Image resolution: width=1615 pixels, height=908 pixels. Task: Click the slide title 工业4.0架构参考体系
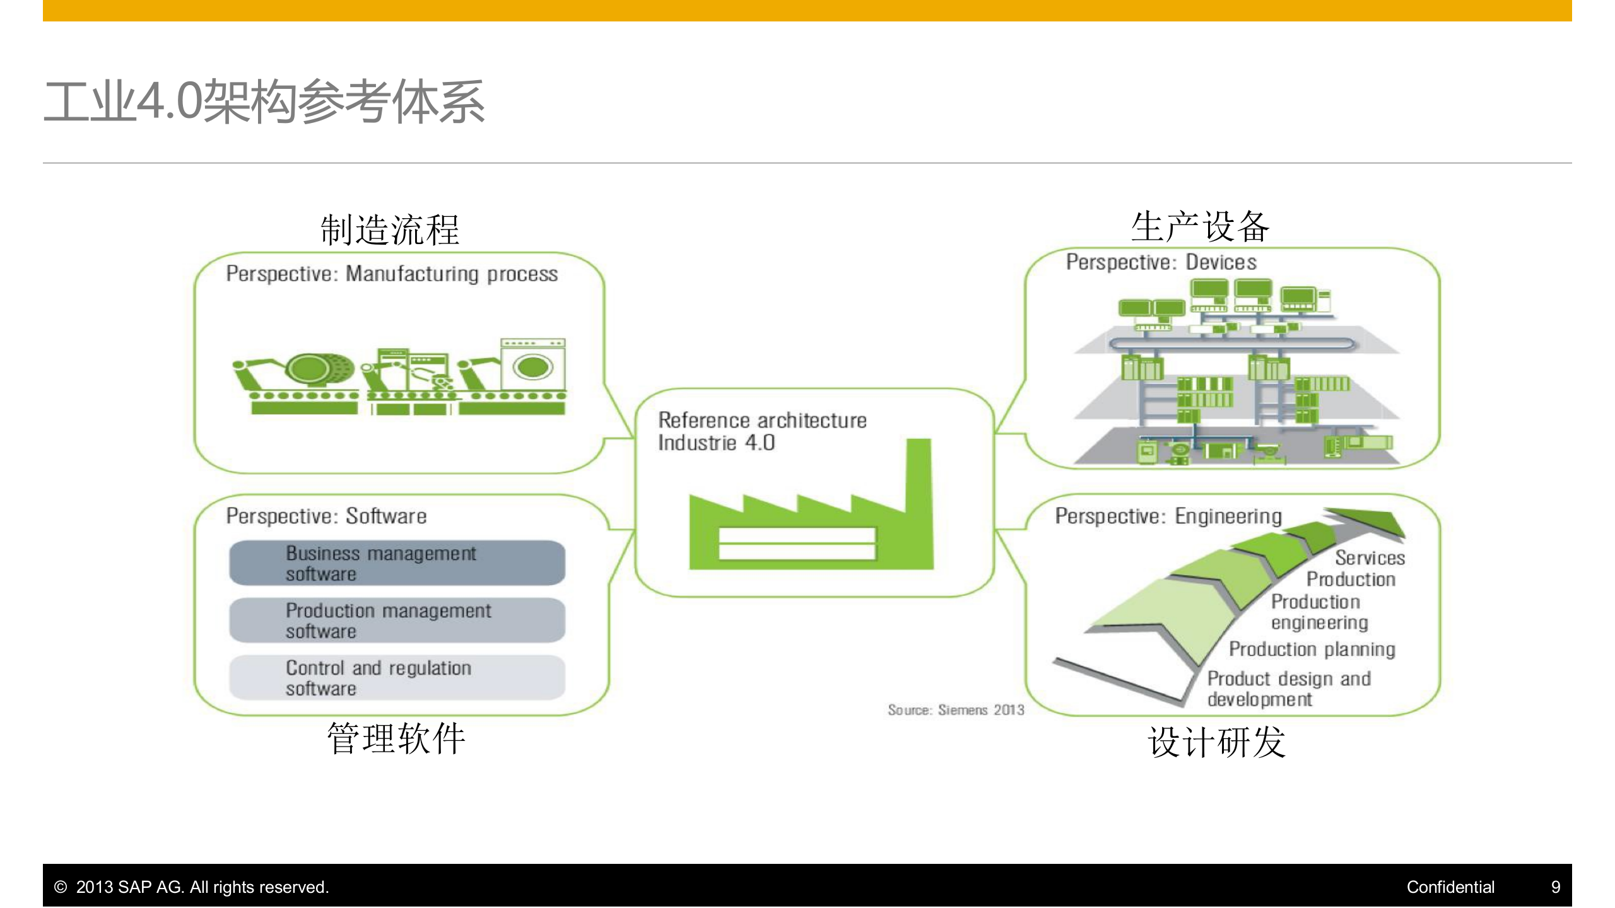[x=264, y=101]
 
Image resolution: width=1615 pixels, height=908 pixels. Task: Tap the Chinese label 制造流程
[x=390, y=230]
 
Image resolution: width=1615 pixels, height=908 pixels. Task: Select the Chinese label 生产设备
[x=1200, y=227]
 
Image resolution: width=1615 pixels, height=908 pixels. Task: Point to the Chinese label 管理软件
[x=396, y=738]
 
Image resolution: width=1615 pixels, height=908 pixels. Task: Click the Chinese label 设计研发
[x=1216, y=742]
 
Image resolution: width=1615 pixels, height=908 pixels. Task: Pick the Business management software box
[x=397, y=563]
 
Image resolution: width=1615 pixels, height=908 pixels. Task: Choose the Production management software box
[x=397, y=620]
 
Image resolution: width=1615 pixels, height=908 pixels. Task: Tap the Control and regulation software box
[x=397, y=678]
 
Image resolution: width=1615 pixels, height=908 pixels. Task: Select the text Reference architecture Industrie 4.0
[x=761, y=431]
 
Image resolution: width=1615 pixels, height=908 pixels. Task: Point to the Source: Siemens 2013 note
[x=956, y=710]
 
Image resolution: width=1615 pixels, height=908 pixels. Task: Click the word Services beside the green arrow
[x=1370, y=558]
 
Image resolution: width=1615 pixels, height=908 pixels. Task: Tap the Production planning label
[x=1312, y=649]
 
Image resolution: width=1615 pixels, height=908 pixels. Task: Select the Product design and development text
[x=1288, y=689]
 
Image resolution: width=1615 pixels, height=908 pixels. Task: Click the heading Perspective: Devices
[x=1161, y=262]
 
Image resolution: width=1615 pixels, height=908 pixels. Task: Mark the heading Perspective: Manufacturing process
[x=392, y=274]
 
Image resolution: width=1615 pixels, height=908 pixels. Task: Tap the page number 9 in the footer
[x=1555, y=887]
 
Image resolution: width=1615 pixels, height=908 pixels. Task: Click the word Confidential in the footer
[x=1450, y=887]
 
